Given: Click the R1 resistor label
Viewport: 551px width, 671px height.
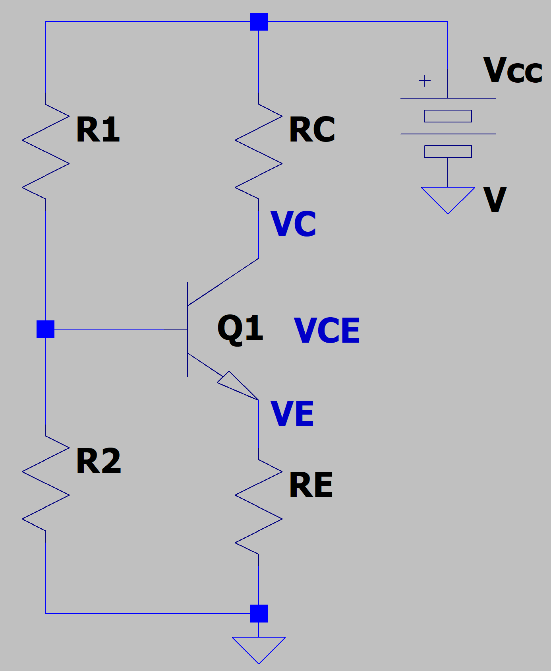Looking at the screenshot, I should [98, 130].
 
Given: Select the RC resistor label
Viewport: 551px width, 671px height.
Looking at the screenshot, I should [312, 130].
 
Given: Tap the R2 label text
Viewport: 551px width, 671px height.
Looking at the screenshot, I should [98, 461].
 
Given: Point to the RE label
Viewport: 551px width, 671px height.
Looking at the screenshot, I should [311, 485].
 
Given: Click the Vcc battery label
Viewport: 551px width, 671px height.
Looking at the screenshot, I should [512, 71].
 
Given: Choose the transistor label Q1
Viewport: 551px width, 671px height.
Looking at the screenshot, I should [240, 328].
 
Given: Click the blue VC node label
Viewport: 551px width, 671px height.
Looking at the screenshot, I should [293, 224].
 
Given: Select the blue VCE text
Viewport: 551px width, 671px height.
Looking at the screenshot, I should [327, 331].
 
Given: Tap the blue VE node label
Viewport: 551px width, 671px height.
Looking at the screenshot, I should [292, 414].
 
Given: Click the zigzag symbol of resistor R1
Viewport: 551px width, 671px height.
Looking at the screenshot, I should [46, 151].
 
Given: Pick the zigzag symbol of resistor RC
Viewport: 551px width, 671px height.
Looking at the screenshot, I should [259, 151].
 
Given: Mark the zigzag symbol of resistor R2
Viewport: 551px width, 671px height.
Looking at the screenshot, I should [46, 483].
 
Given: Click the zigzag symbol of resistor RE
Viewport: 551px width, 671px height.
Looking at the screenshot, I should [259, 507].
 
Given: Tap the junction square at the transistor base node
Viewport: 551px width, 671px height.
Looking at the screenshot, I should [45, 329].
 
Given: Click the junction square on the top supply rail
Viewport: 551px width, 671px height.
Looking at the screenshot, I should [259, 21].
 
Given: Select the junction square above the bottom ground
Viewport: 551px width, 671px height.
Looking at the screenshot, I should [259, 613].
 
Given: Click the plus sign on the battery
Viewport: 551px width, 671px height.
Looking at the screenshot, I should [424, 81].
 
